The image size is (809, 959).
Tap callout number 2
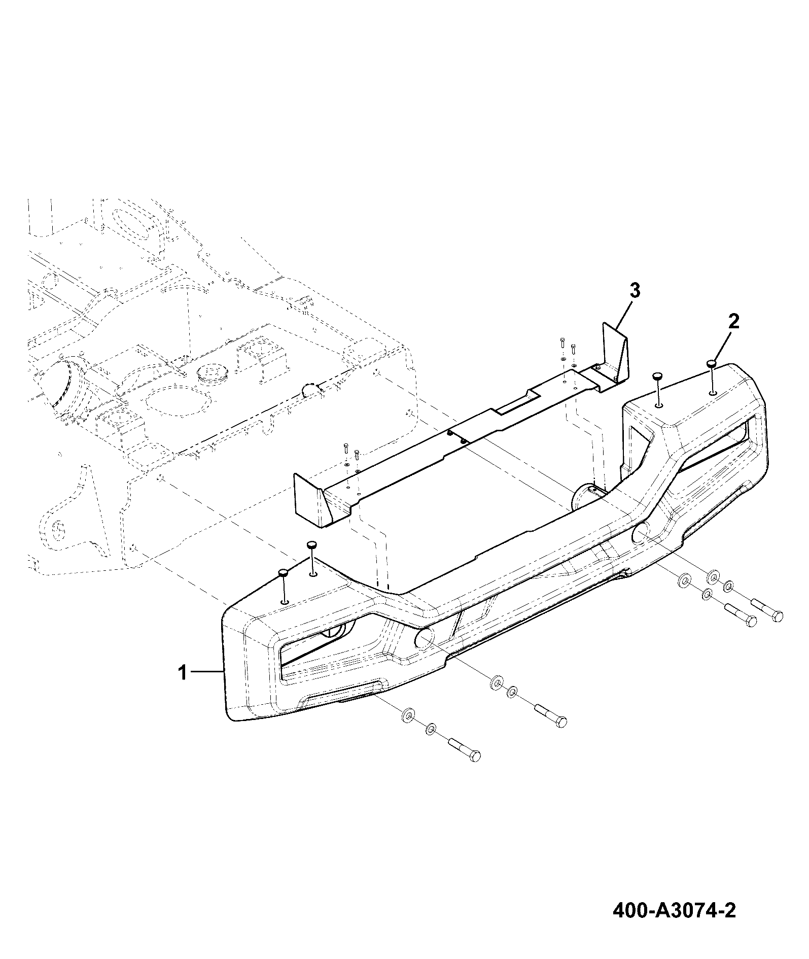(734, 322)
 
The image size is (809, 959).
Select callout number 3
(635, 292)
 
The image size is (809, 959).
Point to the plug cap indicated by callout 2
(712, 363)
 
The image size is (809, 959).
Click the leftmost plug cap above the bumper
(283, 573)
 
